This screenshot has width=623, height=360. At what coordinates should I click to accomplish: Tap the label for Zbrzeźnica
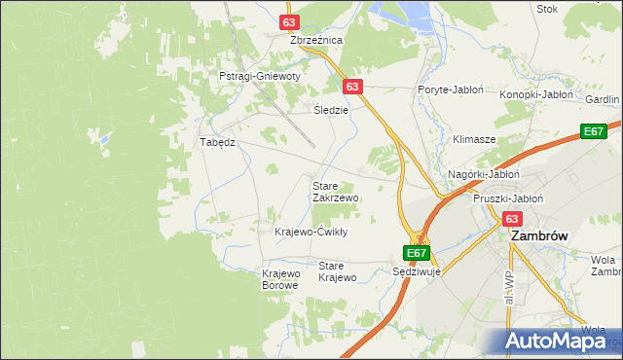coord(316,41)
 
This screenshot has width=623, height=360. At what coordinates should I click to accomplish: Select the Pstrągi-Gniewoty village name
coord(260,76)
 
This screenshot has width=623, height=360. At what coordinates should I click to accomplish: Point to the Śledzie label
coord(331,109)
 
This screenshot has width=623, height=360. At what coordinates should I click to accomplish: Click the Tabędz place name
coord(218,142)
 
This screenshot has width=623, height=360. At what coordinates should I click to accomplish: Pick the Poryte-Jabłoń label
coord(451,90)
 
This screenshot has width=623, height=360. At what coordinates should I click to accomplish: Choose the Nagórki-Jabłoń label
coord(484,174)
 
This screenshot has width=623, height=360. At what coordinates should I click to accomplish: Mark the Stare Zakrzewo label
coord(335,191)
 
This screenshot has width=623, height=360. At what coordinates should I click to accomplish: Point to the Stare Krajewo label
coord(338,271)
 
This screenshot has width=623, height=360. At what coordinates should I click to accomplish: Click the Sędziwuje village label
coord(417,272)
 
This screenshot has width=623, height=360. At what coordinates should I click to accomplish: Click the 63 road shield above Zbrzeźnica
coord(288,21)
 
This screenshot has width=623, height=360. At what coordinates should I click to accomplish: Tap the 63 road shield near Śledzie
coord(352,87)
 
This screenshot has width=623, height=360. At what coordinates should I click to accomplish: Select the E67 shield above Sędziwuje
coord(417,253)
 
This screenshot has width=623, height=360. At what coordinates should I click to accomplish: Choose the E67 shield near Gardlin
coord(595,131)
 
